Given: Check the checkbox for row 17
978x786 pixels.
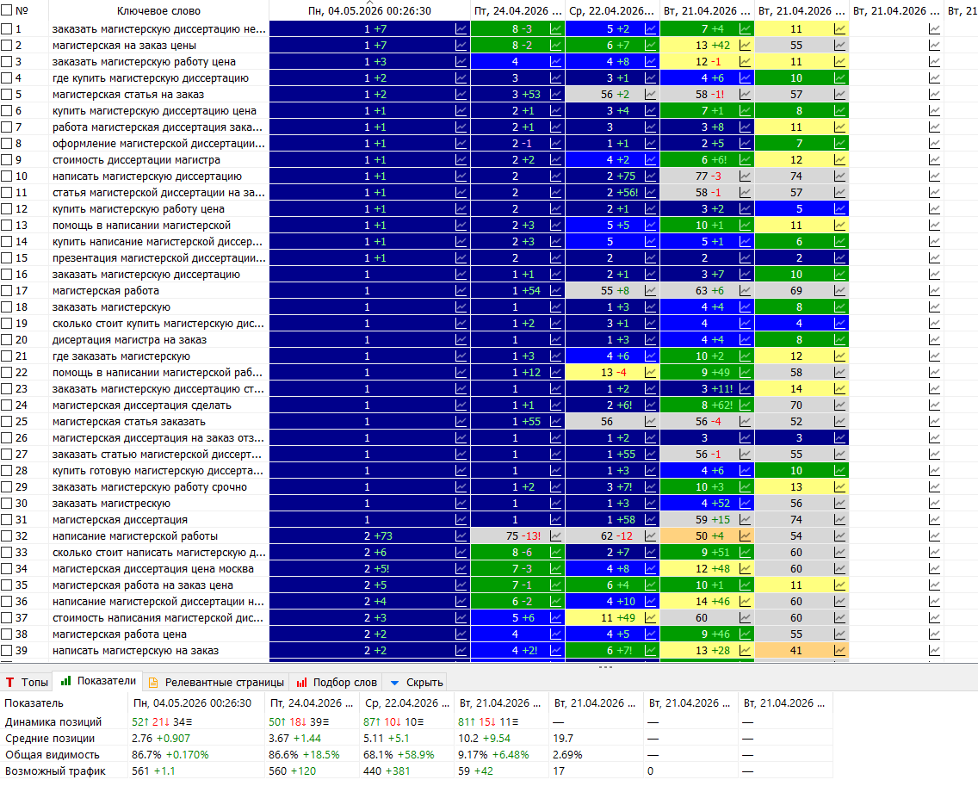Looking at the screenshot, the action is click(x=6, y=291).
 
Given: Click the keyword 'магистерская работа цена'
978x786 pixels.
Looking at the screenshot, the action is click(x=119, y=634).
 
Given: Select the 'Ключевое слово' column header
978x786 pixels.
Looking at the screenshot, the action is click(x=158, y=10).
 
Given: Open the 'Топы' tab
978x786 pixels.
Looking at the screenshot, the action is click(x=27, y=683).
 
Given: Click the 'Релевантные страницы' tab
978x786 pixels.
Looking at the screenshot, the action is click(x=216, y=683).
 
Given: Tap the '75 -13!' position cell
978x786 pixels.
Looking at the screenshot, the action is click(x=517, y=535).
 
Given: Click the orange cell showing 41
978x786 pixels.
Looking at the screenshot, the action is click(x=802, y=651).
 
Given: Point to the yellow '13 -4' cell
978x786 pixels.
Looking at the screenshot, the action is click(x=612, y=373).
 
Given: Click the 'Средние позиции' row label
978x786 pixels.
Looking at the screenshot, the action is click(x=50, y=739).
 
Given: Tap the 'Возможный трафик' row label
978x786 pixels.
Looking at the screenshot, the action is click(x=55, y=771).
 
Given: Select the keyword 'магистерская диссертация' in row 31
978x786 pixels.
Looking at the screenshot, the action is click(x=120, y=520).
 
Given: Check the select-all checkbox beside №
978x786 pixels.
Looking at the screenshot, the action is click(x=6, y=10).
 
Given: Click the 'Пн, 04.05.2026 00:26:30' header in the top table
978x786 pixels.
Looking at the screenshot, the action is click(x=369, y=10).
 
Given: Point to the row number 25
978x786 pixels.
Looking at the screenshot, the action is click(x=22, y=422).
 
